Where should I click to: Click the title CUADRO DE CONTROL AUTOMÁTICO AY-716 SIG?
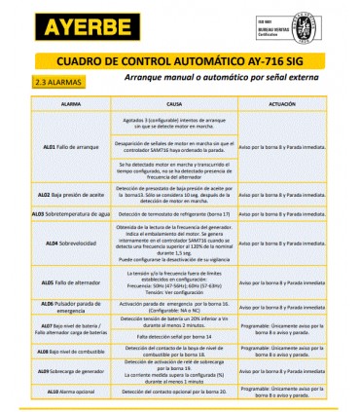(179, 59)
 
